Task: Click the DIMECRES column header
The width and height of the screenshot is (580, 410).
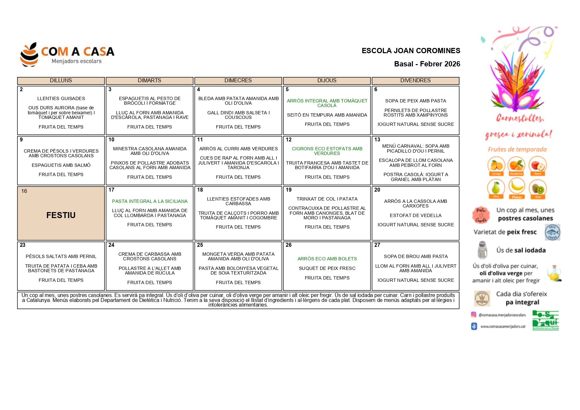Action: (238, 81)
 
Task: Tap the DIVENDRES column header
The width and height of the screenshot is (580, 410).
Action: (415, 81)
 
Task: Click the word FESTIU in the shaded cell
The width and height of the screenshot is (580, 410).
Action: (61, 215)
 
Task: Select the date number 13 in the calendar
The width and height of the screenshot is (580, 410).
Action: (377, 140)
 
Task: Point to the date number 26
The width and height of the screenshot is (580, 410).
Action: (289, 245)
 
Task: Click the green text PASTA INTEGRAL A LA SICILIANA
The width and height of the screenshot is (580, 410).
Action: (149, 201)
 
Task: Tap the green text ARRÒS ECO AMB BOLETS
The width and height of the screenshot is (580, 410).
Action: (327, 259)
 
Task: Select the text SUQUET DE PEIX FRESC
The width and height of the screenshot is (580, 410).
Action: (327, 268)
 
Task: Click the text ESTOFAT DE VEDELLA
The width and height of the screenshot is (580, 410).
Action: (416, 215)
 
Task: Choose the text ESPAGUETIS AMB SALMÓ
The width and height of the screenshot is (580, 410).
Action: (61, 165)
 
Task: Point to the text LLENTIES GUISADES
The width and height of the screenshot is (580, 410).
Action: (61, 98)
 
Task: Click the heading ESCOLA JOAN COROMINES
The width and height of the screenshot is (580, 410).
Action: (411, 51)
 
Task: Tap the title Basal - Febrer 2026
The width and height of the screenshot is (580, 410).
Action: (427, 64)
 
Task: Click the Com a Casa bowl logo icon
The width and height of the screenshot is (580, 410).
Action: (29, 55)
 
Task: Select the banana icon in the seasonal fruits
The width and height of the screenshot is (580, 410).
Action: (517, 187)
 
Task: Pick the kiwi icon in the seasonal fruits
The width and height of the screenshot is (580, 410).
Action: (538, 188)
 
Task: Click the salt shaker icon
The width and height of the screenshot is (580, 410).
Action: (482, 250)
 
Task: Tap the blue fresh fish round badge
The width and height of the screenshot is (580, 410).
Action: (552, 232)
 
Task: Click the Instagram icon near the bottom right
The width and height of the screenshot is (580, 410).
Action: (474, 315)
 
